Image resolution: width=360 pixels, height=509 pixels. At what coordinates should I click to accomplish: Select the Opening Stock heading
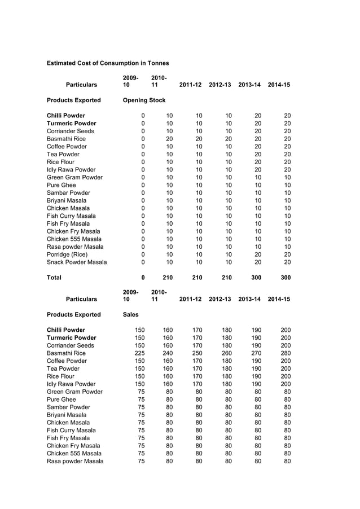pyautogui.click(x=144, y=100)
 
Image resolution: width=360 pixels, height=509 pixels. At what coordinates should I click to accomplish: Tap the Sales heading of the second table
pyautogui.click(x=131, y=315)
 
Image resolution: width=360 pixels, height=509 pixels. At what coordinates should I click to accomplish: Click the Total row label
pyautogui.click(x=54, y=278)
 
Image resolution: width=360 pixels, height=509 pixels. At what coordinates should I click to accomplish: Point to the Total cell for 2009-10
pyautogui.click(x=143, y=278)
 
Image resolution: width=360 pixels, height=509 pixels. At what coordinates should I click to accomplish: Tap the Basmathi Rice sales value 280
pyautogui.click(x=285, y=353)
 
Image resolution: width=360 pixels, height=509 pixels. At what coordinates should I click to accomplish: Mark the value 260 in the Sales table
pyautogui.click(x=226, y=353)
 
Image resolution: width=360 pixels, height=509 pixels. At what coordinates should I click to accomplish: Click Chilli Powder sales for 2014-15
pyautogui.click(x=285, y=330)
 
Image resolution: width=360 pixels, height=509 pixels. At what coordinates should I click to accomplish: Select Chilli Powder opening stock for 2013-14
pyautogui.click(x=258, y=116)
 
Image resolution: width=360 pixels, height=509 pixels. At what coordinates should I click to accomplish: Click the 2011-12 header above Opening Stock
pyautogui.click(x=190, y=85)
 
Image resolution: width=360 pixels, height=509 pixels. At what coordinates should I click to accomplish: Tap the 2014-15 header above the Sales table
pyautogui.click(x=279, y=299)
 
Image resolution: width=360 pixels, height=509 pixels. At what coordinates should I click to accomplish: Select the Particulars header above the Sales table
pyautogui.click(x=81, y=299)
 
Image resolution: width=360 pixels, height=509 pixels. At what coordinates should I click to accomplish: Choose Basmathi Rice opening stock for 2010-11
pyautogui.click(x=169, y=139)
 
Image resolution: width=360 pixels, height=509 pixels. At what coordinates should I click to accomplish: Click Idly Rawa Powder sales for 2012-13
pyautogui.click(x=226, y=384)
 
